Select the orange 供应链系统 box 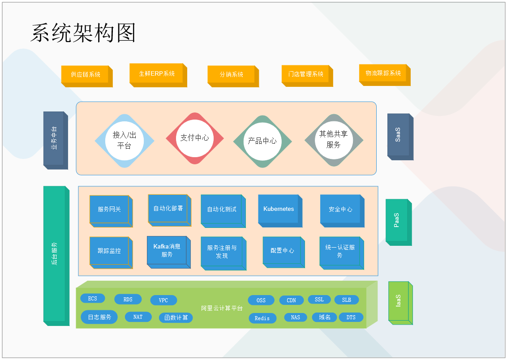[x=86, y=75]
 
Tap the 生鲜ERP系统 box [x=157, y=74]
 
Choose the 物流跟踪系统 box [x=383, y=73]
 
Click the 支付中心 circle [x=194, y=138]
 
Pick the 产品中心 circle [x=262, y=141]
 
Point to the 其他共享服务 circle [x=334, y=139]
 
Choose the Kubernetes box [x=279, y=209]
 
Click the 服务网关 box [x=109, y=209]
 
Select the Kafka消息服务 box [x=167, y=251]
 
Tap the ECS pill [x=93, y=299]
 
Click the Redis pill [x=262, y=318]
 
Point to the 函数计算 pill [x=176, y=317]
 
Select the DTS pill [x=351, y=317]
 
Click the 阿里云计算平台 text [x=222, y=308]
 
